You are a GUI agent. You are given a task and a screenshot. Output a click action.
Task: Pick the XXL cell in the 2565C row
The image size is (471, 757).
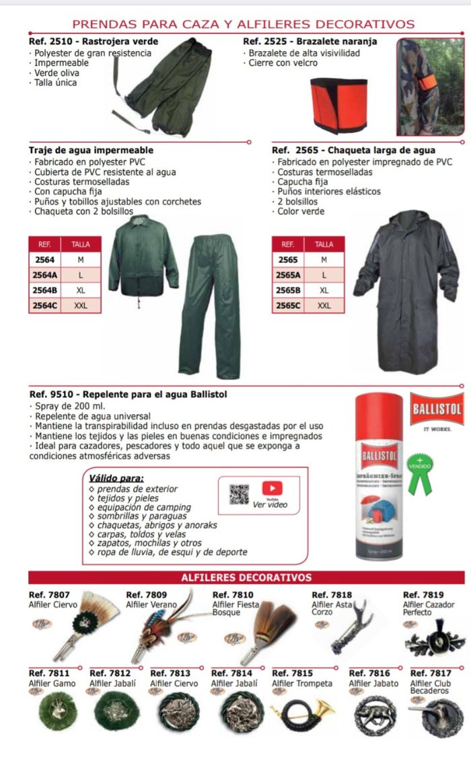pyautogui.click(x=324, y=306)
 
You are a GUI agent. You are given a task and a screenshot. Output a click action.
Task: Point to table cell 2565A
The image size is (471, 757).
pyautogui.click(x=289, y=275)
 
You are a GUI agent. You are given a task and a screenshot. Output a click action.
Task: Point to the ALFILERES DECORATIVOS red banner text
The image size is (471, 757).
pyautogui.click(x=246, y=577)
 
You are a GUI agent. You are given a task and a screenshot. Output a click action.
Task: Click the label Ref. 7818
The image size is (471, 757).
pyautogui.click(x=332, y=595)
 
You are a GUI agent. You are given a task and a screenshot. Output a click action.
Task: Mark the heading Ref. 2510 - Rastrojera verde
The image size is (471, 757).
pyautogui.click(x=94, y=42)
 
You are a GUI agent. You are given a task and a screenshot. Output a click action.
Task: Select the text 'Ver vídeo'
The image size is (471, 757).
pyautogui.click(x=270, y=505)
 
